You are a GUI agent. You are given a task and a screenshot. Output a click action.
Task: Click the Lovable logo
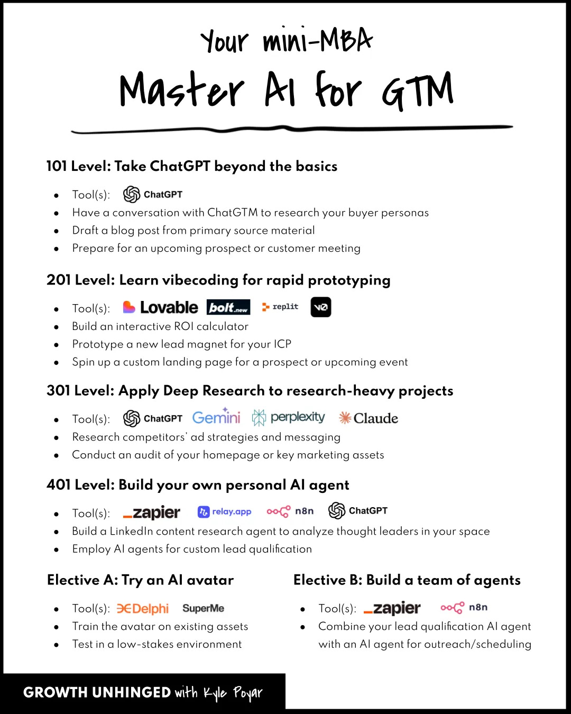pos(160,307)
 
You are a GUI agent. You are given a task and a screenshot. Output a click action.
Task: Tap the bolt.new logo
pos(228,307)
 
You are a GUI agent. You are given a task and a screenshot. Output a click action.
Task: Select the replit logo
pos(280,307)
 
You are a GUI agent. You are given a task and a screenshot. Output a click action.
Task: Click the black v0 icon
pos(321,307)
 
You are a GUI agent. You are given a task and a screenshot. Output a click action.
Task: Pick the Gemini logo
pos(216,417)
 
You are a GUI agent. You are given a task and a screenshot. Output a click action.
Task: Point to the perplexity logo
pos(289,417)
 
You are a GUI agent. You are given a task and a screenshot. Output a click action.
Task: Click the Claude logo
pos(369,418)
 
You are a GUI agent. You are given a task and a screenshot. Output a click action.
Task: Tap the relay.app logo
pos(225,511)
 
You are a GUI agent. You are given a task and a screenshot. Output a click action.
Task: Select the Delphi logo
pos(143,609)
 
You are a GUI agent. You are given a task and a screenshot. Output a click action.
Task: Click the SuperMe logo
pos(204,608)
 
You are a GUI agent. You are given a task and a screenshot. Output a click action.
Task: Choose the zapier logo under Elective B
pos(392,608)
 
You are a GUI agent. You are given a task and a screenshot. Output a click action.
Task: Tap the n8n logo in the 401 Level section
pos(290,511)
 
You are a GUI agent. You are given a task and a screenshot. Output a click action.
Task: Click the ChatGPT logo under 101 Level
pos(153,195)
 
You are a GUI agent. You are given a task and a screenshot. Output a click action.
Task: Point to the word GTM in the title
pos(418,91)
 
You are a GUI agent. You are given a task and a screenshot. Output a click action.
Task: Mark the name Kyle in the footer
pos(215,692)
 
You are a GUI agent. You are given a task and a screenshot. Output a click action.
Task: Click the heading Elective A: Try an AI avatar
pos(140,580)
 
